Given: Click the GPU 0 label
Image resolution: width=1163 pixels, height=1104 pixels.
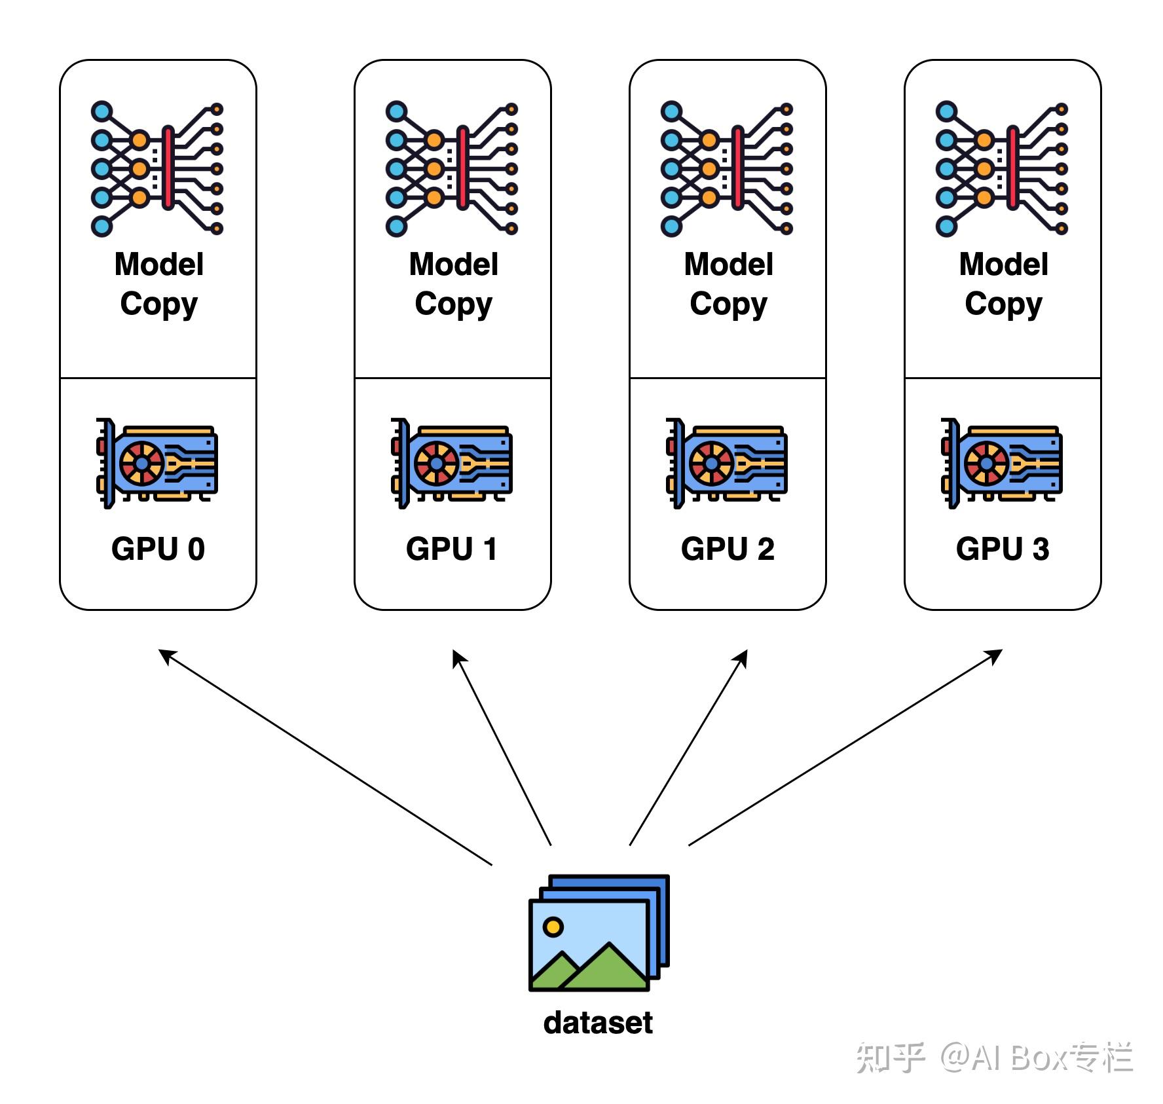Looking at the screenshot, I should pyautogui.click(x=158, y=549).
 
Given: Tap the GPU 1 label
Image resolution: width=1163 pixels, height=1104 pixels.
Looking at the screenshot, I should pyautogui.click(x=452, y=549).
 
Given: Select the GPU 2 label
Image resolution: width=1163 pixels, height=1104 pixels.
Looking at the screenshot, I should pyautogui.click(x=728, y=549).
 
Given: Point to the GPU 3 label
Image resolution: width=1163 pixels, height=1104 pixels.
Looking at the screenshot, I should pyautogui.click(x=1003, y=549).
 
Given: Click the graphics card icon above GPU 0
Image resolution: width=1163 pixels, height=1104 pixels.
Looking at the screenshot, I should pyautogui.click(x=157, y=463).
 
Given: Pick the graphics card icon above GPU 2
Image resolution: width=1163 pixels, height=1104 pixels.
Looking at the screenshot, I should pyautogui.click(x=727, y=463).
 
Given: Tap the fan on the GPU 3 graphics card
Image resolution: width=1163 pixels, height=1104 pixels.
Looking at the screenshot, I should pyautogui.click(x=986, y=464).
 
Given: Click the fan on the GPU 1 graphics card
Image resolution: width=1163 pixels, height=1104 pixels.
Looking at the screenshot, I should pyautogui.click(x=436, y=464).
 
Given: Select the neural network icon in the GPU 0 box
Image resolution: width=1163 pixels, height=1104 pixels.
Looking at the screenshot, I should pyautogui.click(x=157, y=169).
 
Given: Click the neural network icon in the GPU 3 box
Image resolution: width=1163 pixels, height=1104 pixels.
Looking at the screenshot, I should pyautogui.click(x=1002, y=169).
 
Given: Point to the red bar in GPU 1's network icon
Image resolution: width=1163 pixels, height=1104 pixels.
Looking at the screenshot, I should pyautogui.click(x=463, y=168).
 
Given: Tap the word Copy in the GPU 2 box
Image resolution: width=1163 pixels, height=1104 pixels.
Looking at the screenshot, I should pyautogui.click(x=728, y=304).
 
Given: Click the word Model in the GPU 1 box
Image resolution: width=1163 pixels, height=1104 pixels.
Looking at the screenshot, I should pyautogui.click(x=453, y=265).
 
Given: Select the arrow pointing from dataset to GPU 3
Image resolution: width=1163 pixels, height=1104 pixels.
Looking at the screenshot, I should pyautogui.click(x=845, y=748).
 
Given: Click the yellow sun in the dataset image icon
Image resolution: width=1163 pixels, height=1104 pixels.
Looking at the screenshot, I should pyautogui.click(x=553, y=927).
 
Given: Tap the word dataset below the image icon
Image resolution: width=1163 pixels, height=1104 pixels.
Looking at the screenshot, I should pyautogui.click(x=598, y=1023).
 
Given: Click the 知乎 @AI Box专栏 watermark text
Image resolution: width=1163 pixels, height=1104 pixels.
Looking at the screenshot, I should pyautogui.click(x=994, y=1057).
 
